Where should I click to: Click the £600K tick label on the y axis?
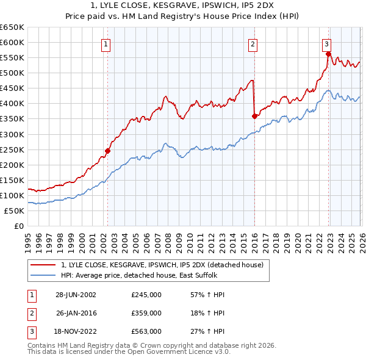pos(12,43)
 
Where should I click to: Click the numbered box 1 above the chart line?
pos(106,43)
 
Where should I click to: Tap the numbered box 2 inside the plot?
pos(253,43)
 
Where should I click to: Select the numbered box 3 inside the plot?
pos(327,43)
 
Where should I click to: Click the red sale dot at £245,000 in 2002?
pos(108,151)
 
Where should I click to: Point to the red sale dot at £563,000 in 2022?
pos(328,54)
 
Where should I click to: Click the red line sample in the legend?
pos(44,265)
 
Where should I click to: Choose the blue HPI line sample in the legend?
pos(44,275)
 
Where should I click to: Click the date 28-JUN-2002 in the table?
pos(76,295)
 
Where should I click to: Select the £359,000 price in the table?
pos(146,313)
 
